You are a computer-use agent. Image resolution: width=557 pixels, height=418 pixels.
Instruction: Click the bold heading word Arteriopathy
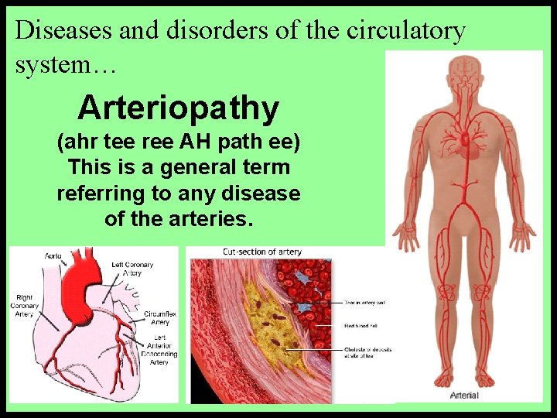click(178, 108)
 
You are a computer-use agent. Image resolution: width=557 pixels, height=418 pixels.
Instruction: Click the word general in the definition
click(196, 167)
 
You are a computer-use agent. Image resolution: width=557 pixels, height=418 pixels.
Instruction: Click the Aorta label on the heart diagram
click(53, 255)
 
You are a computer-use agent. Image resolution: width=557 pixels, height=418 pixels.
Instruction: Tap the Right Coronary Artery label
click(25, 306)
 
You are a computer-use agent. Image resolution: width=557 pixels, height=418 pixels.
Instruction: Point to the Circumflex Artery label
click(159, 318)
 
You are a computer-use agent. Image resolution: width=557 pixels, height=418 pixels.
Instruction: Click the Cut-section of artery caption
click(261, 252)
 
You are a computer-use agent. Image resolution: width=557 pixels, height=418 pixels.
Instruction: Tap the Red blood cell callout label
click(360, 326)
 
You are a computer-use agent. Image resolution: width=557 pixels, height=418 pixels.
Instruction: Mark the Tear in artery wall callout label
click(364, 303)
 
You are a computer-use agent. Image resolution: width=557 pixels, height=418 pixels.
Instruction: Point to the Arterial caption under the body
click(464, 396)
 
